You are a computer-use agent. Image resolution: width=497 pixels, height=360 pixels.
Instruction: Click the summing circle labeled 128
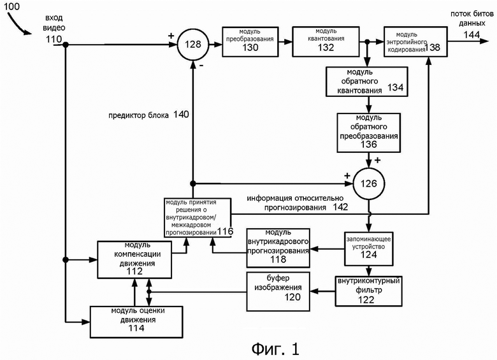pyautogui.click(x=192, y=44)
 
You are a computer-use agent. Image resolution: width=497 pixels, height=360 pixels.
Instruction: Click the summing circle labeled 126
pyautogui.click(x=368, y=182)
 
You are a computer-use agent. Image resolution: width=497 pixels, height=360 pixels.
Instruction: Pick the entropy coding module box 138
pyautogui.click(x=415, y=41)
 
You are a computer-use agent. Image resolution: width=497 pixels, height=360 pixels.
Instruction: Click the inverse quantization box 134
pyautogui.click(x=366, y=80)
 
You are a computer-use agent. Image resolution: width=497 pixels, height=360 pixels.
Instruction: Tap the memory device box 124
pyautogui.click(x=368, y=249)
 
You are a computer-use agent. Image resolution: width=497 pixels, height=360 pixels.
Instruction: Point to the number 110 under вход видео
pyautogui.click(x=54, y=39)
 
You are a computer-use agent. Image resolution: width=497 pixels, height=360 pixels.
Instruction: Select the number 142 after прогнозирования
pyautogui.click(x=341, y=206)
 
